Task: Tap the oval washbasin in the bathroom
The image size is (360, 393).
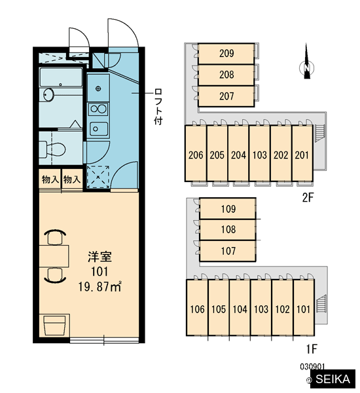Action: click(x=48, y=95)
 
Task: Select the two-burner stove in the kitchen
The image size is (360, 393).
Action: click(x=98, y=109)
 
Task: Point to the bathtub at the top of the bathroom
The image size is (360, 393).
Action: click(x=61, y=77)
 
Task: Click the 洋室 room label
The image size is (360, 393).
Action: click(x=99, y=257)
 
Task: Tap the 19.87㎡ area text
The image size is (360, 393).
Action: click(x=99, y=287)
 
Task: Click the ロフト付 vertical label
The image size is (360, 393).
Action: click(x=158, y=107)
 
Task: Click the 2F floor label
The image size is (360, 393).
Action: click(x=308, y=198)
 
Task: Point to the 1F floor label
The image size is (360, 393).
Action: click(x=312, y=348)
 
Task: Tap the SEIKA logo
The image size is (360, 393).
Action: click(x=333, y=379)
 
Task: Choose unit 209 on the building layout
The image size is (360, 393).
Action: click(x=226, y=54)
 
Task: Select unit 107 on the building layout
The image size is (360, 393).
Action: click(x=228, y=251)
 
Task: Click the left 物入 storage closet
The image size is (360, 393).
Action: click(x=50, y=179)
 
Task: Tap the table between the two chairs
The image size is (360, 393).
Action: click(x=54, y=256)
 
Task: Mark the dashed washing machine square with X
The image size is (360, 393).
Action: click(x=98, y=177)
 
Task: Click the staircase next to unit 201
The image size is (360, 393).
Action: click(x=320, y=133)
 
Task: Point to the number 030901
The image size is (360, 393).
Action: click(x=312, y=367)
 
